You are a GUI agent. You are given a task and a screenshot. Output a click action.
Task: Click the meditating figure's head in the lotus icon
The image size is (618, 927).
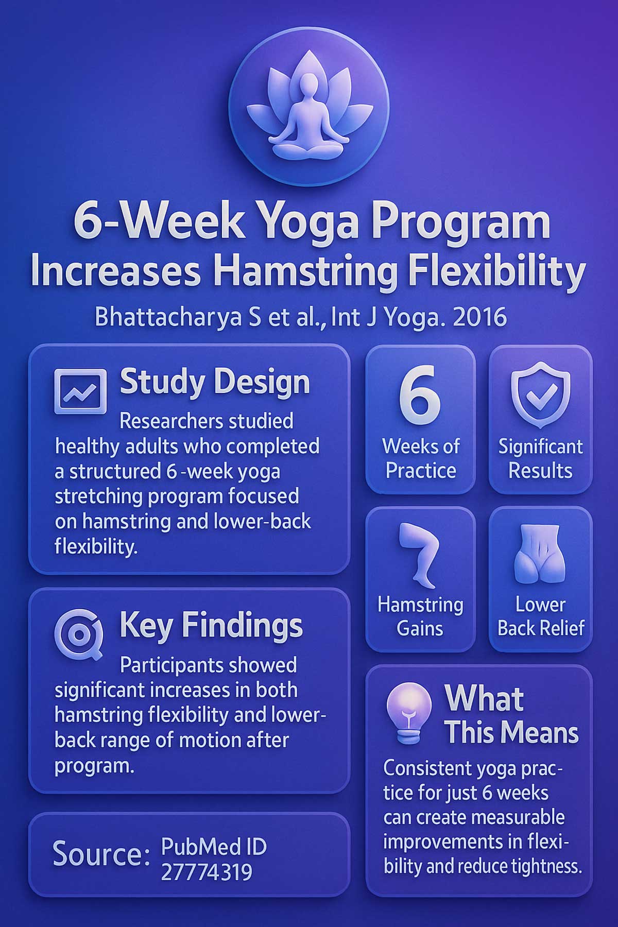[x=308, y=84]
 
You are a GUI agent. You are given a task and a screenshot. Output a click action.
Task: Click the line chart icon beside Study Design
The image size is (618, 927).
[x=80, y=391]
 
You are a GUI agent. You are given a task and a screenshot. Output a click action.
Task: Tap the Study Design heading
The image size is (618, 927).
[x=215, y=382]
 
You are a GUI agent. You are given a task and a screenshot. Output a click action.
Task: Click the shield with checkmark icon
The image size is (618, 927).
[x=540, y=394]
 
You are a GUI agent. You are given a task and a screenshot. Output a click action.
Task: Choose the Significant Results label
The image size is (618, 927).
[x=540, y=458]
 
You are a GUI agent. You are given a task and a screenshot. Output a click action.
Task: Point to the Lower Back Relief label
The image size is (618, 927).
[x=540, y=616]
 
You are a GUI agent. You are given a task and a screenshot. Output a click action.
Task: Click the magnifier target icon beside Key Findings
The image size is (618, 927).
[x=79, y=634]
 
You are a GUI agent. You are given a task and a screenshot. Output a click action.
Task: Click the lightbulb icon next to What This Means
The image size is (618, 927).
[x=409, y=713]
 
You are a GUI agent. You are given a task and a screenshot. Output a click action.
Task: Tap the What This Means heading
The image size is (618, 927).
[x=511, y=716]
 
